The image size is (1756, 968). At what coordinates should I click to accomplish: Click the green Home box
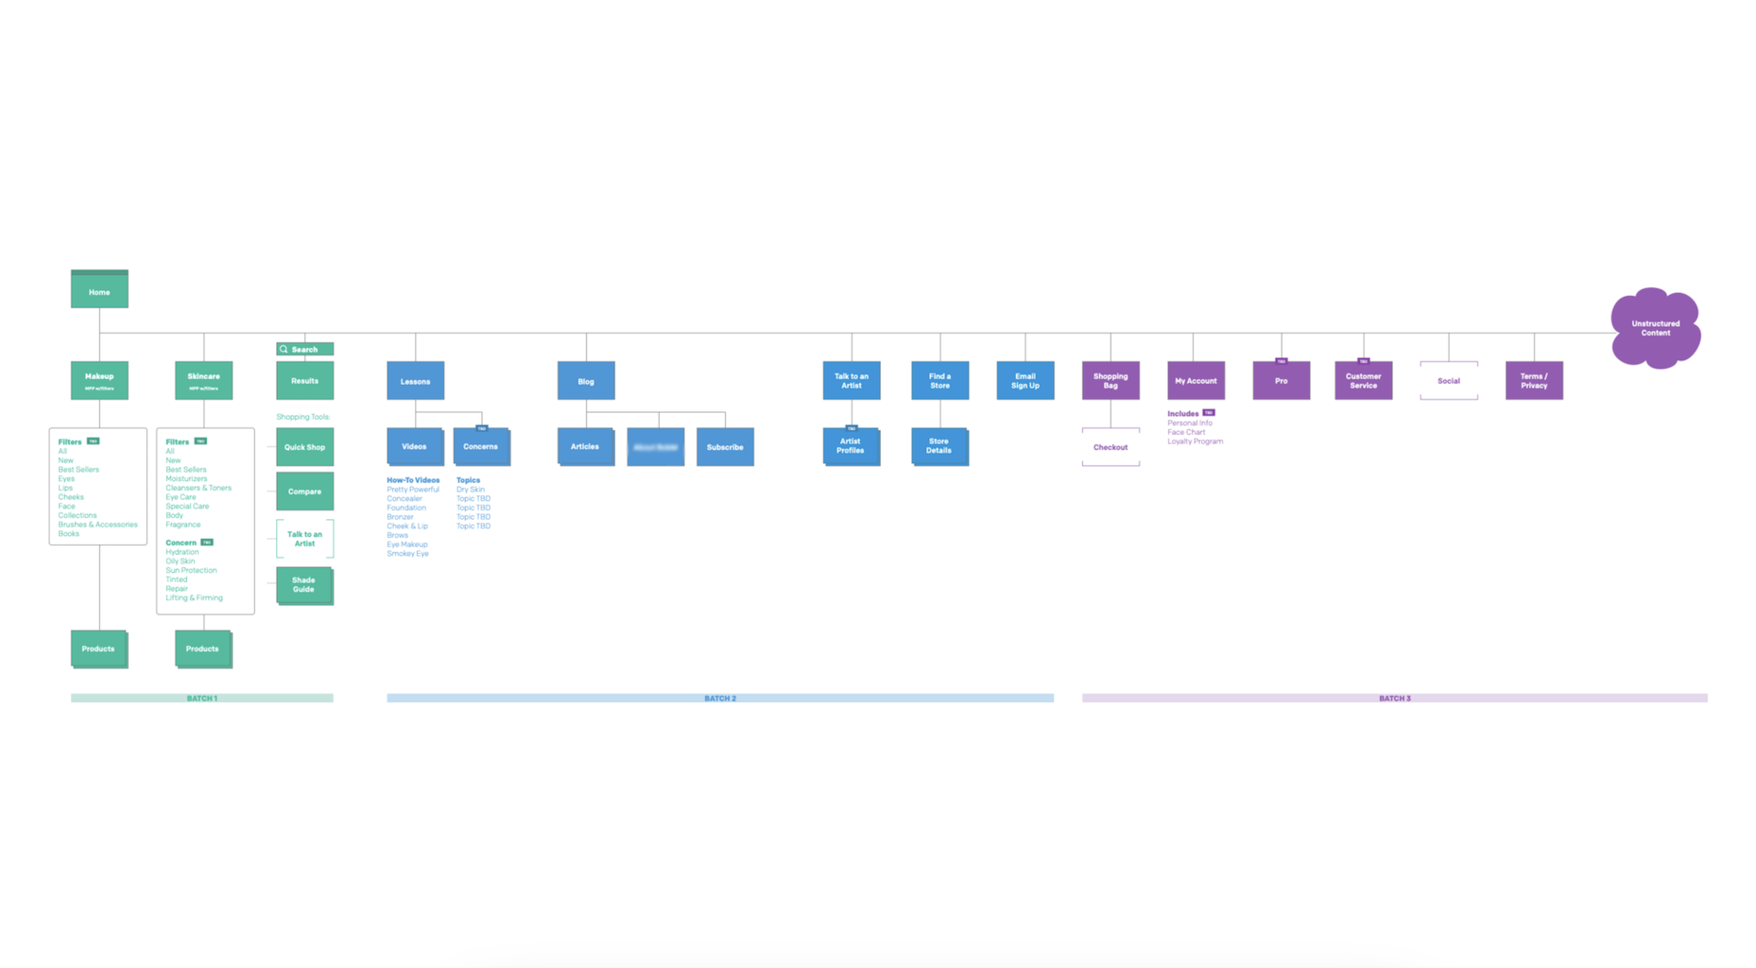[x=99, y=290]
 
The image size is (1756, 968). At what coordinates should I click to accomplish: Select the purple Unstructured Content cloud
[x=1655, y=328]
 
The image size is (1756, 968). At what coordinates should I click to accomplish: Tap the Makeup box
[x=99, y=380]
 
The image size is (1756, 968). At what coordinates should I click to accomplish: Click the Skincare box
[x=203, y=380]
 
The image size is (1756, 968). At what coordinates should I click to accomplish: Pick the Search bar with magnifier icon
[x=304, y=349]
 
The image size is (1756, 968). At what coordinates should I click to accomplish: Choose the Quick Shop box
[x=304, y=447]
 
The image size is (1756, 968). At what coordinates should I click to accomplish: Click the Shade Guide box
[x=303, y=585]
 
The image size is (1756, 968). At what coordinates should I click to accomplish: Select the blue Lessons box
[x=415, y=381]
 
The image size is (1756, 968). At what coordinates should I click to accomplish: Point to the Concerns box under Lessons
[x=481, y=447]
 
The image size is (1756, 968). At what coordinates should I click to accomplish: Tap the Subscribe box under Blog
[x=725, y=447]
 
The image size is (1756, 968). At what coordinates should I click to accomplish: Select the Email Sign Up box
[x=1024, y=381]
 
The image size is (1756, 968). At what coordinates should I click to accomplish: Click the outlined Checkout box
[x=1110, y=447]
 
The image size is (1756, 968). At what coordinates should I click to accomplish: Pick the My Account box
[x=1196, y=381]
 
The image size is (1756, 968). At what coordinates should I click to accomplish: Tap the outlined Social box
[x=1448, y=381]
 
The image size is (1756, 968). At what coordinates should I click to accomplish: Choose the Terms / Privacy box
[x=1533, y=381]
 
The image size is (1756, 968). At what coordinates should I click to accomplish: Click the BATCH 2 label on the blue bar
[x=720, y=699]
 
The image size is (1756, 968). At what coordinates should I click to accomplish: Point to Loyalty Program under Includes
[x=1195, y=441]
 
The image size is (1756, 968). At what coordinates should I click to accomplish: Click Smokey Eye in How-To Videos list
[x=407, y=554]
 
